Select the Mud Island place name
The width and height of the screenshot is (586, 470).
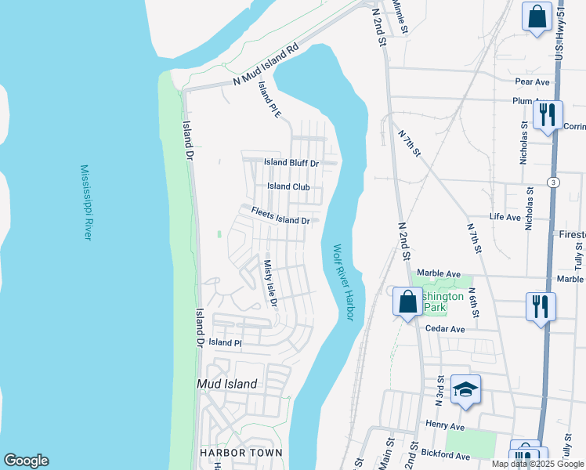pos(226,384)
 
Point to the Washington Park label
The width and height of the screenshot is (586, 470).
pos(443,302)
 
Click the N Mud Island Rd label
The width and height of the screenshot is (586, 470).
pos(267,65)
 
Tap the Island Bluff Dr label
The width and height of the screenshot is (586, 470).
pos(291,163)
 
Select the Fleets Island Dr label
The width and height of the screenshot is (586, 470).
pos(280,216)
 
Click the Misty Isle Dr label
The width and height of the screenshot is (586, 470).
pos(270,283)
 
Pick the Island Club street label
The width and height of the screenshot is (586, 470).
pos(288,186)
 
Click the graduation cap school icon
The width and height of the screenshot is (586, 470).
pos(465,390)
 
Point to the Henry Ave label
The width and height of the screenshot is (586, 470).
pos(446,426)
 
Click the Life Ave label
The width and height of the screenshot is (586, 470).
pos(505,216)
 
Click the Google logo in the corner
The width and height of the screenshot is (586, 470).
pos(26,461)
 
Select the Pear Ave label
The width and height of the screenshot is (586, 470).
pos(533,81)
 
